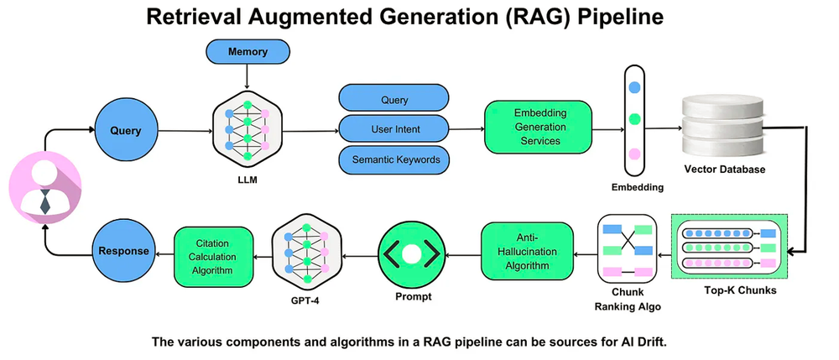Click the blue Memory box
247,52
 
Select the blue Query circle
125,131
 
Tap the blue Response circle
125,250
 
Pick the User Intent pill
395,129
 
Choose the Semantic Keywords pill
395,159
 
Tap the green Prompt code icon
410,253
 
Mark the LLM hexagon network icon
247,130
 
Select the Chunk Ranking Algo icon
627,248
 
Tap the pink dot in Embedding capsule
634,154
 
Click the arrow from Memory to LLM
247,76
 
